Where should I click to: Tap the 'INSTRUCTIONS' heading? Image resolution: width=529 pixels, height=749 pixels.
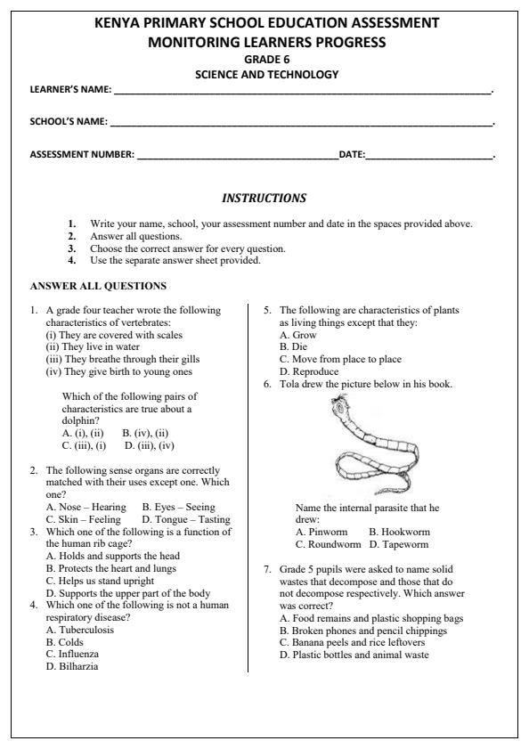[x=264, y=198]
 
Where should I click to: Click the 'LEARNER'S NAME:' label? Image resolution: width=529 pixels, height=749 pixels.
[x=70, y=90]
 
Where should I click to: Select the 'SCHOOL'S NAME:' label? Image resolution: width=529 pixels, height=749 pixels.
[x=69, y=121]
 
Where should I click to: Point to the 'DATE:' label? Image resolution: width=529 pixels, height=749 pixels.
[x=352, y=155]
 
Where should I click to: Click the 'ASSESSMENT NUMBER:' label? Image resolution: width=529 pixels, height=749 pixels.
[x=82, y=155]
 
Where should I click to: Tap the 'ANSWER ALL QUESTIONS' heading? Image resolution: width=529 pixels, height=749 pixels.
[x=98, y=286]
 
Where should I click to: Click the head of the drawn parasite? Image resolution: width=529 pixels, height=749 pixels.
[x=339, y=407]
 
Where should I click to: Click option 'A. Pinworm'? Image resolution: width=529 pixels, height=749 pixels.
[x=323, y=532]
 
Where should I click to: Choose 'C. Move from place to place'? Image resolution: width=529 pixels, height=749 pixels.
[x=340, y=359]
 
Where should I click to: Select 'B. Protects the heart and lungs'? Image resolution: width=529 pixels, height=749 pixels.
[x=111, y=567]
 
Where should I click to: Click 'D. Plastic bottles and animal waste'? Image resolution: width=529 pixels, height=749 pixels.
[x=354, y=655]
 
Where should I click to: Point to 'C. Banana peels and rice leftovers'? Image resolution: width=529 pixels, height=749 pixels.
[x=353, y=642]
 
